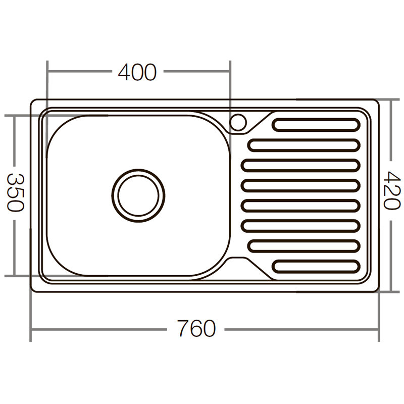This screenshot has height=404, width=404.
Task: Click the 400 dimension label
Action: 137,73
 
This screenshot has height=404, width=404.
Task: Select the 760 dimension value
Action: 196,329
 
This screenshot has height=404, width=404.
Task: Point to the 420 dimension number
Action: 391,190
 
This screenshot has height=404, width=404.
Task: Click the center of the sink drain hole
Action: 138,195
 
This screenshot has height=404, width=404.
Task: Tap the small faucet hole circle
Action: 238,122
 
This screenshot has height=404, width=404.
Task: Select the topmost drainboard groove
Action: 316,124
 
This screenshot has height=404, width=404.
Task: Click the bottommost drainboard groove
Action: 316,266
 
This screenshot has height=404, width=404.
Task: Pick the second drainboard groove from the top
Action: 304,145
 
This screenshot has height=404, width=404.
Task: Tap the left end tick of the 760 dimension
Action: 31,330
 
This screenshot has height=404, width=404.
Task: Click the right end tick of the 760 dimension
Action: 378,330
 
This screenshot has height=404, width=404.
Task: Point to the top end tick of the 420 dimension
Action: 391,100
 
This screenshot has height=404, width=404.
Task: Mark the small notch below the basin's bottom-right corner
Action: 237,261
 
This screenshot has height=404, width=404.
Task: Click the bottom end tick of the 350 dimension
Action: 15,276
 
